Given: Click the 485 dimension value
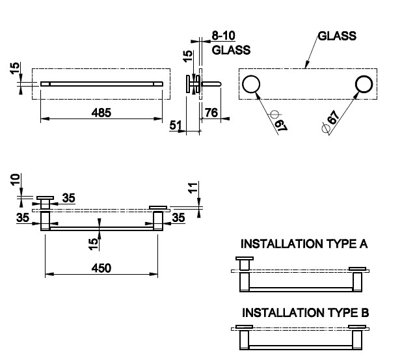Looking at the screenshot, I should tap(101, 113).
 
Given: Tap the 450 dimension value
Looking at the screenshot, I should tap(101, 268).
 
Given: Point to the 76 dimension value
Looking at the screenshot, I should tap(211, 113).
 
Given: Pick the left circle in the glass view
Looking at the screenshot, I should tap(252, 84).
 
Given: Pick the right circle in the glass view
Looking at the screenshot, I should tap(364, 84).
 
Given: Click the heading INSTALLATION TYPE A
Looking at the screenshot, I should tap(304, 244).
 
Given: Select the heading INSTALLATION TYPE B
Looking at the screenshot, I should tap(305, 312).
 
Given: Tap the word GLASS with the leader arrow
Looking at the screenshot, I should tap(337, 36).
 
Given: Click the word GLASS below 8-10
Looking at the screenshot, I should tap(231, 49).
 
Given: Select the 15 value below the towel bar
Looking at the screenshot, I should tap(94, 243).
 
